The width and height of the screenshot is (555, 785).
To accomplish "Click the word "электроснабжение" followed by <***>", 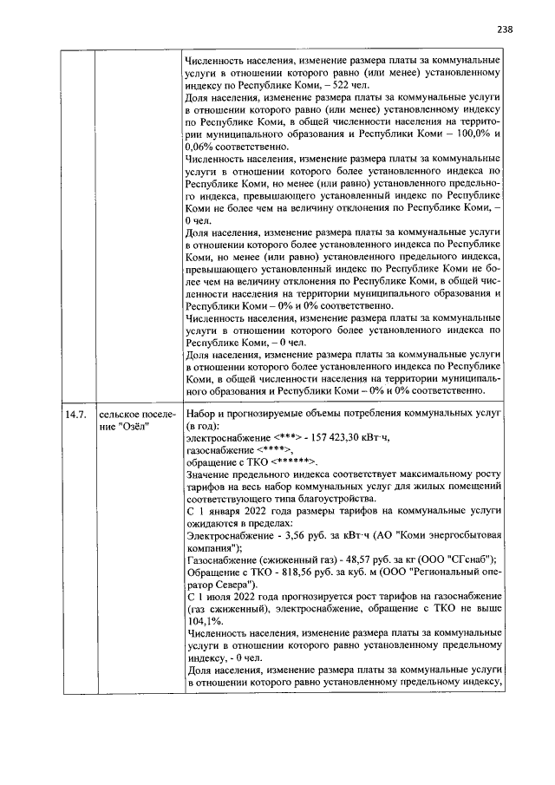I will point(229,439).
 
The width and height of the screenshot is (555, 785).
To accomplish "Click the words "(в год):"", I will point(204,427).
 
